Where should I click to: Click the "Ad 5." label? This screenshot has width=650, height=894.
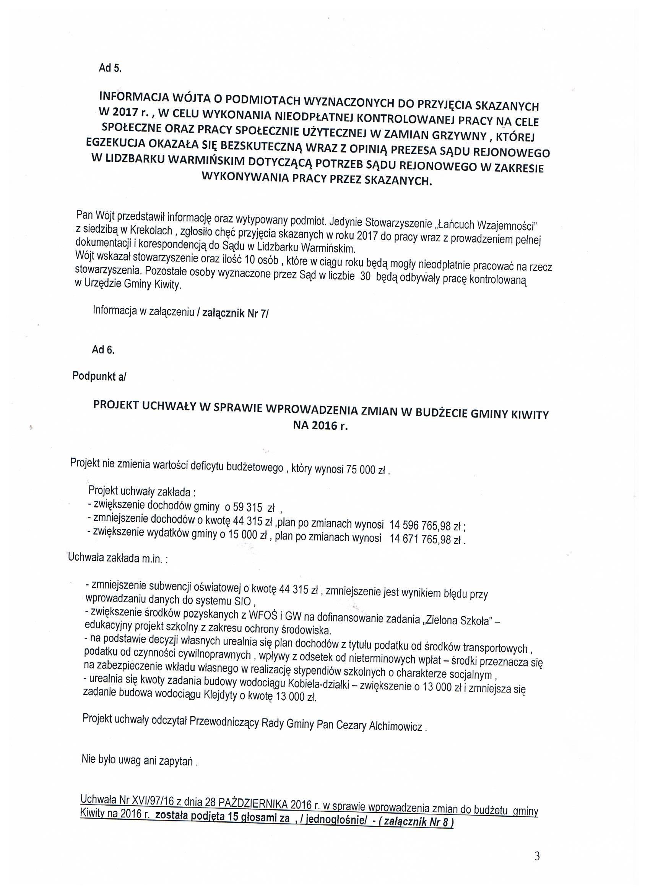pos(110,68)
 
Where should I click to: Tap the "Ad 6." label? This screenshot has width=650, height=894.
pos(103,349)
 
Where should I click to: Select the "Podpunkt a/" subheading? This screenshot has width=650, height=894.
pos(99,376)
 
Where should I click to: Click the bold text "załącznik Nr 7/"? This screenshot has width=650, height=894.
pos(235,314)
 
